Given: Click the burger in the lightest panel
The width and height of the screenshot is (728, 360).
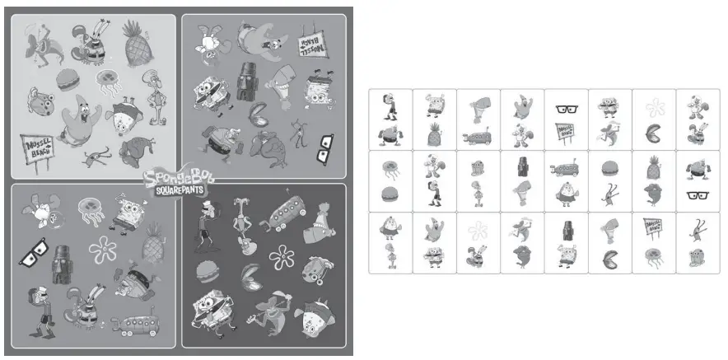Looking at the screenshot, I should (69, 79).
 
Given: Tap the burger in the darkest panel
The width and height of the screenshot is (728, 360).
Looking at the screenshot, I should (207, 269).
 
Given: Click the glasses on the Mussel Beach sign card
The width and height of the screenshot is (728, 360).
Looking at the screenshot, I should (566, 109).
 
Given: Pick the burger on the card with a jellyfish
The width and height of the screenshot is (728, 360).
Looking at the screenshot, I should (390, 194).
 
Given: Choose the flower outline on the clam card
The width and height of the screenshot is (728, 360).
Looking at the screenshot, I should (654, 108).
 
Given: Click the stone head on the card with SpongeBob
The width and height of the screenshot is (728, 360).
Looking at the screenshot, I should (566, 228).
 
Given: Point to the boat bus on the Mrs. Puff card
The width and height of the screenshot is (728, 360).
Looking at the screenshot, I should (566, 168).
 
